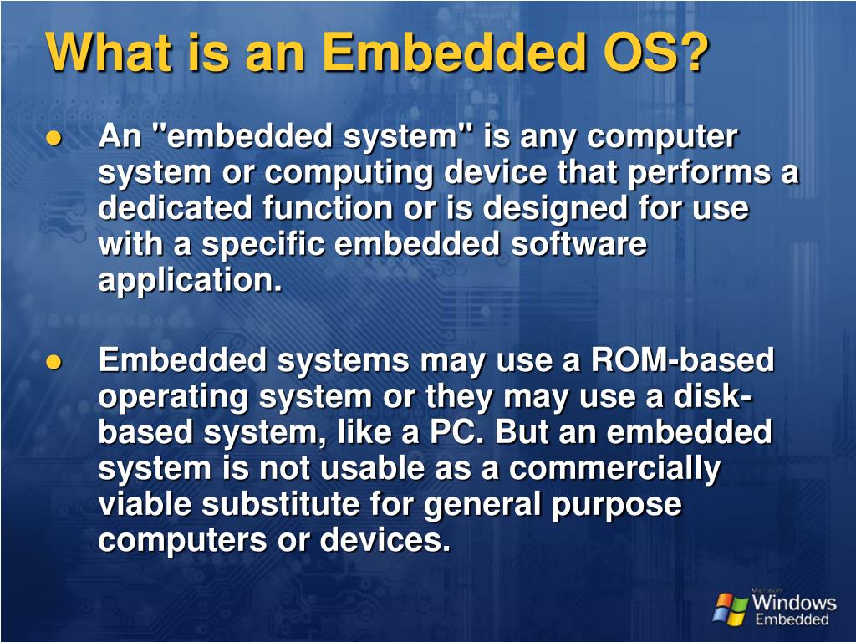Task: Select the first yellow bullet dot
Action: pyautogui.click(x=55, y=140)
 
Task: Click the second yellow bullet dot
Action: pyautogui.click(x=55, y=362)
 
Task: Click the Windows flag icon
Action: pyautogui.click(x=730, y=609)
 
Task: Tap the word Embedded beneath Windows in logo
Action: pyautogui.click(x=792, y=620)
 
